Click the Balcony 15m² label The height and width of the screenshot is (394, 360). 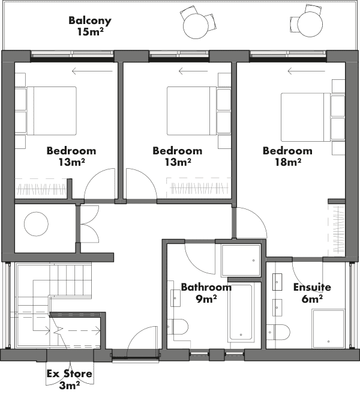pyautogui.click(x=90, y=26)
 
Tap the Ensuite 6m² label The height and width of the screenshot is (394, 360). pyautogui.click(x=312, y=292)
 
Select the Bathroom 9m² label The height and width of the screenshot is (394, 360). pyautogui.click(x=206, y=292)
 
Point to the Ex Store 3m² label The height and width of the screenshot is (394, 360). pyautogui.click(x=69, y=380)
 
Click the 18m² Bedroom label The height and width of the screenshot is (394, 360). pyautogui.click(x=287, y=156)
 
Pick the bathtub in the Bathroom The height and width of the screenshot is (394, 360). pyautogui.click(x=241, y=312)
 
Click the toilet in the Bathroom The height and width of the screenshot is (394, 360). pyautogui.click(x=178, y=326)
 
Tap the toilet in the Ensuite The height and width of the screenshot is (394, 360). pyautogui.click(x=278, y=332)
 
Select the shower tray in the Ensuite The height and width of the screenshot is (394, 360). pyautogui.click(x=328, y=329)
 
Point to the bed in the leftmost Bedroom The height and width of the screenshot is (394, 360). pyautogui.click(x=52, y=111)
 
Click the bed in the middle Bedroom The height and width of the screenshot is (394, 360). pyautogui.click(x=192, y=111)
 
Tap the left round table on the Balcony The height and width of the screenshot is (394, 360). pyautogui.click(x=196, y=26)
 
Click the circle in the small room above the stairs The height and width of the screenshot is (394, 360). pyautogui.click(x=36, y=224)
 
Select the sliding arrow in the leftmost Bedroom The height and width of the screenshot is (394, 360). pyautogui.click(x=92, y=71)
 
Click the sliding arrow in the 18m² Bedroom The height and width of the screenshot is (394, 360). pyautogui.click(x=306, y=71)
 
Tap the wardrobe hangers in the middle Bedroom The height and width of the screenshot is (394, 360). pyautogui.click(x=199, y=189)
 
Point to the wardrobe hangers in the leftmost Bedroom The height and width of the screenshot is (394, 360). pyautogui.click(x=41, y=189)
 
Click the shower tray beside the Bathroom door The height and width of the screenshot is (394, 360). pyautogui.click(x=241, y=261)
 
